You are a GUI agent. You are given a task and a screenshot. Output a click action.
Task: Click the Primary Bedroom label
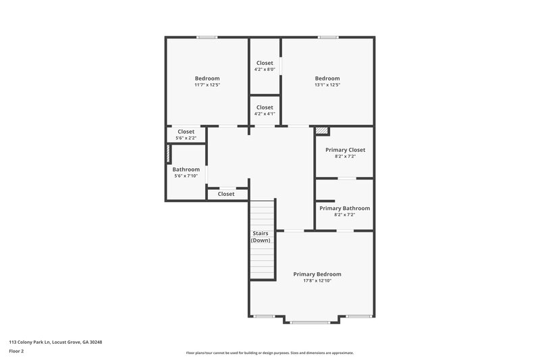[x=317, y=274]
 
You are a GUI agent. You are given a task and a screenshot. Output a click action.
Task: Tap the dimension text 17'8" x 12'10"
[x=317, y=281]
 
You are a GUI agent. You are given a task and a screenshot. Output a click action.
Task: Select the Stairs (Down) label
[x=260, y=236]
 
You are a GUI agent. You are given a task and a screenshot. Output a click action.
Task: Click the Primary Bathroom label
[x=344, y=209]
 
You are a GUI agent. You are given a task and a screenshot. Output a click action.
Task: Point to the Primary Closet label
[x=345, y=150]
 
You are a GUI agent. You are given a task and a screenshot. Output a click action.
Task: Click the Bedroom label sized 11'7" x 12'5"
[x=207, y=78]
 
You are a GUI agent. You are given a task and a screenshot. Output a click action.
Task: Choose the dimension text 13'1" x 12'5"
[x=327, y=85]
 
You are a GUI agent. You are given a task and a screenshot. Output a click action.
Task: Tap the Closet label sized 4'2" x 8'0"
[x=265, y=63]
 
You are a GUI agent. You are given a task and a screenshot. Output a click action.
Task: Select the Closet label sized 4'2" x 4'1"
[x=265, y=107]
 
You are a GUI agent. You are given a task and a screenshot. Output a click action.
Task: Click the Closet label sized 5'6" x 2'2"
[x=186, y=132]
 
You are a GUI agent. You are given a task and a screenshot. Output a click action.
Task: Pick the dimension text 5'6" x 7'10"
[x=186, y=176]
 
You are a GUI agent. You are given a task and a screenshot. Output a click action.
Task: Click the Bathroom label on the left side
[x=186, y=170]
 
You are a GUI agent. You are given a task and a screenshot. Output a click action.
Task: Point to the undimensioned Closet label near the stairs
[x=226, y=195]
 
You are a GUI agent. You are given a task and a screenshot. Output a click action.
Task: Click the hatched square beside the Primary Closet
[x=322, y=131]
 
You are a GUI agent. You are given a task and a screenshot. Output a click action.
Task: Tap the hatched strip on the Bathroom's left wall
[x=168, y=153]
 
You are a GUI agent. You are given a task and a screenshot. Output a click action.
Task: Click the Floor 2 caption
[x=17, y=351]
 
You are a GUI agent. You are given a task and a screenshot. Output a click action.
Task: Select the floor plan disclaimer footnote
[x=269, y=353]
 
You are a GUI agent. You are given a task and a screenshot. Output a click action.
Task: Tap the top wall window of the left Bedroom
[x=207, y=37]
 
